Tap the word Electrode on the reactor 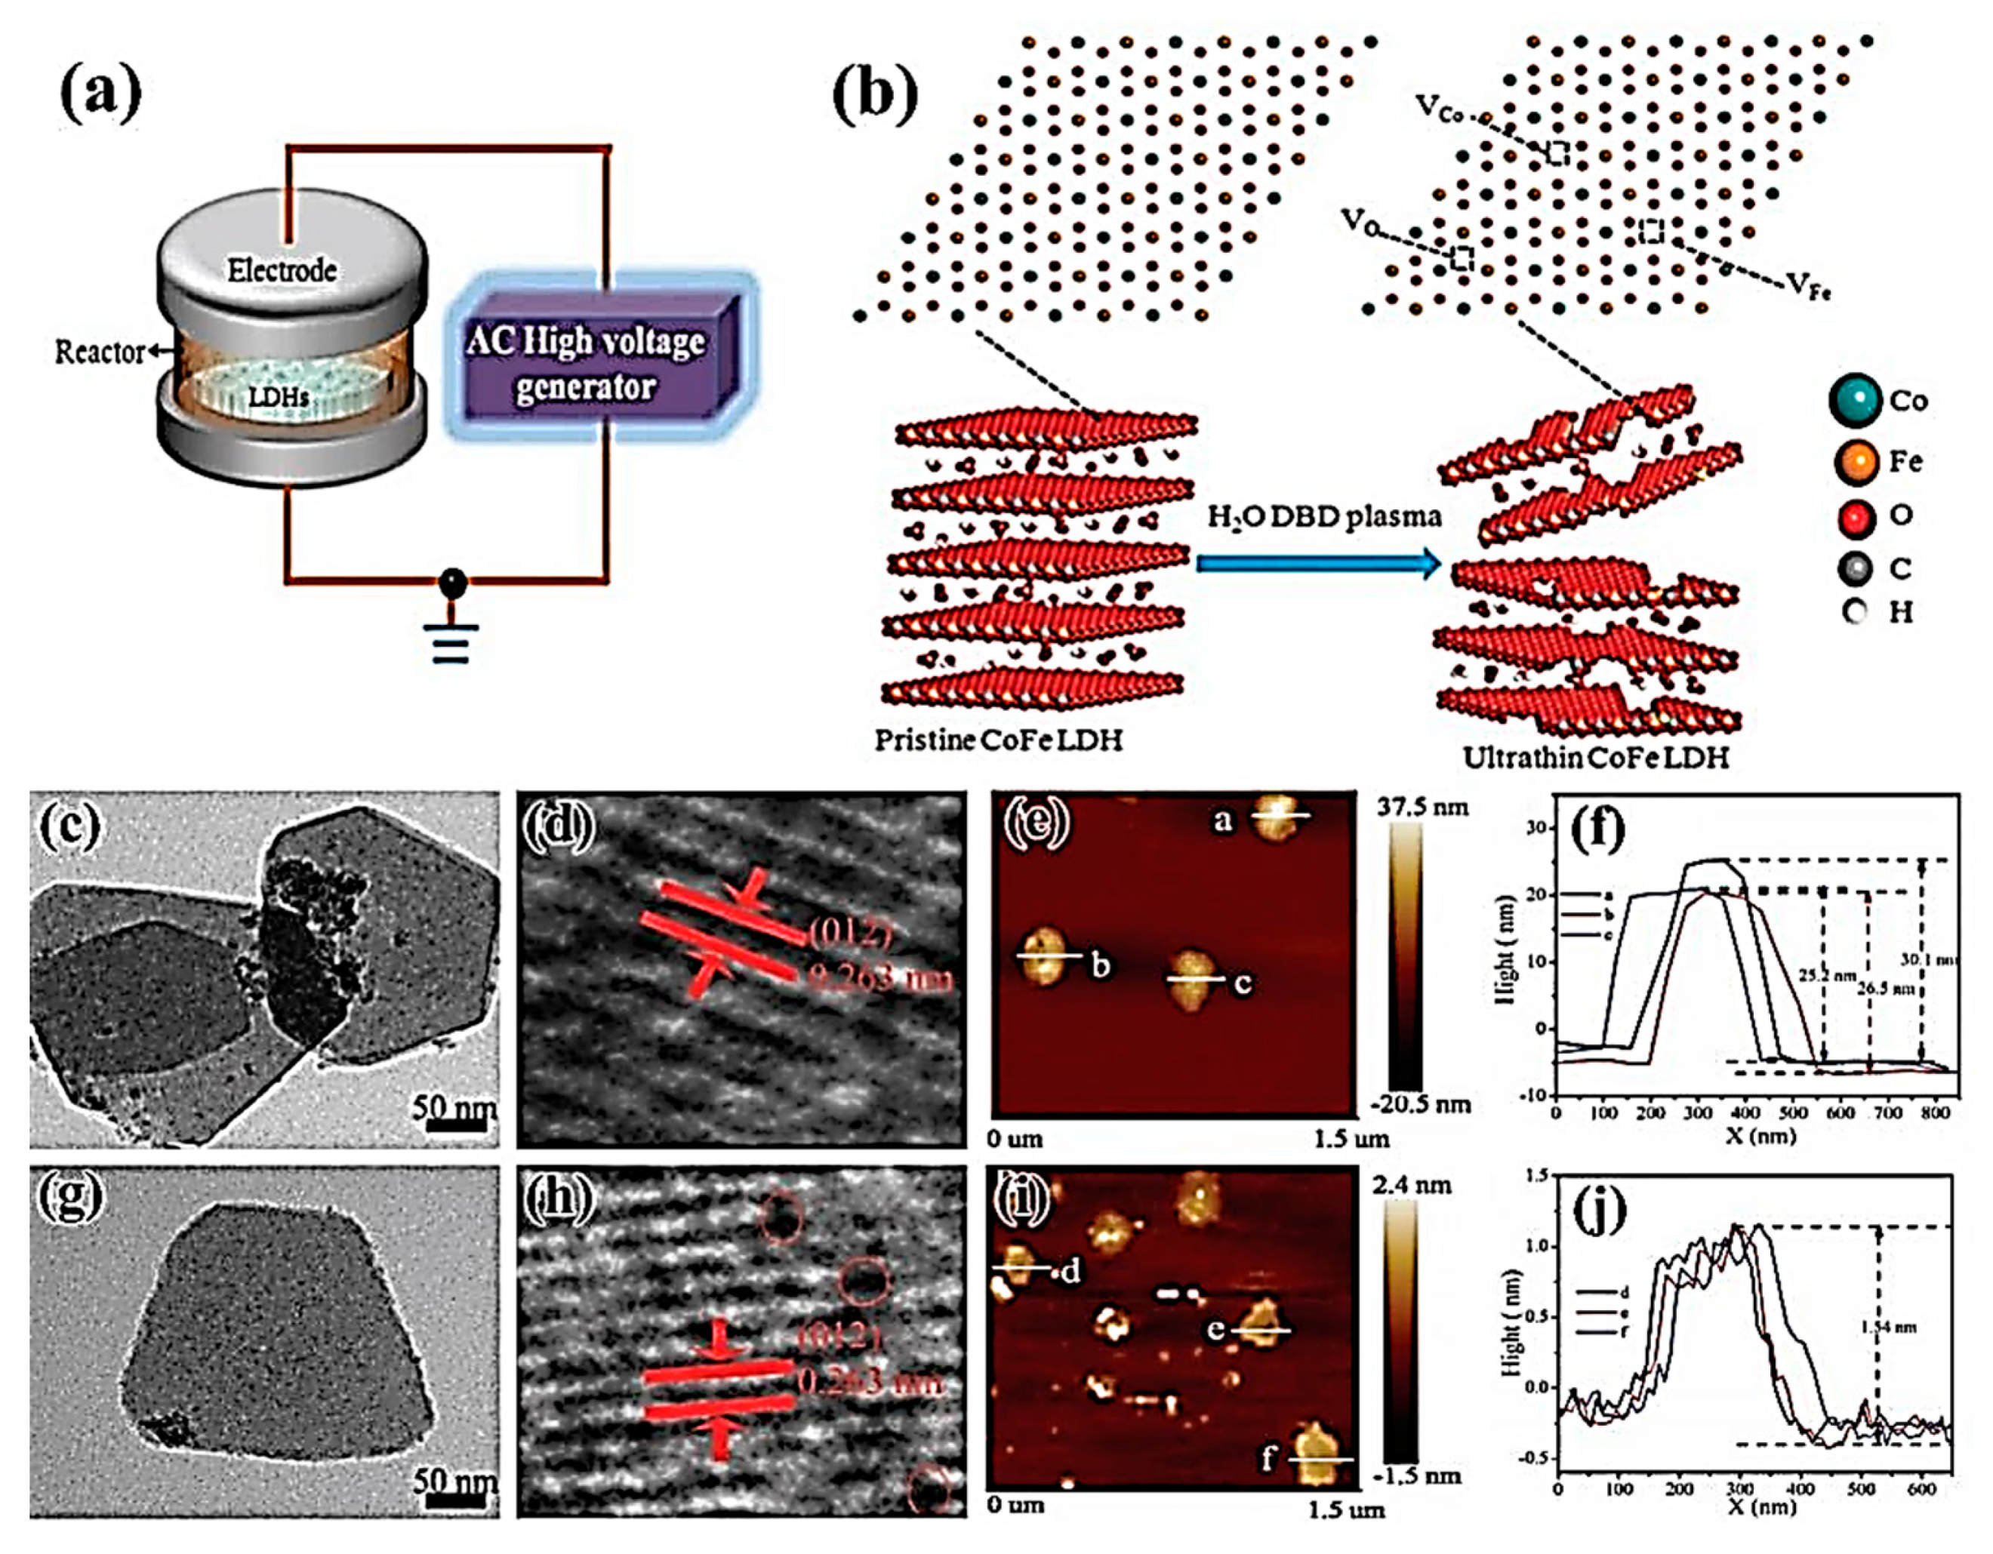coord(282,270)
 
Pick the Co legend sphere coord(1855,401)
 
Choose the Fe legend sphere coord(1855,461)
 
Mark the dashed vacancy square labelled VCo coord(1557,153)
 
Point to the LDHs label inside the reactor coord(279,399)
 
